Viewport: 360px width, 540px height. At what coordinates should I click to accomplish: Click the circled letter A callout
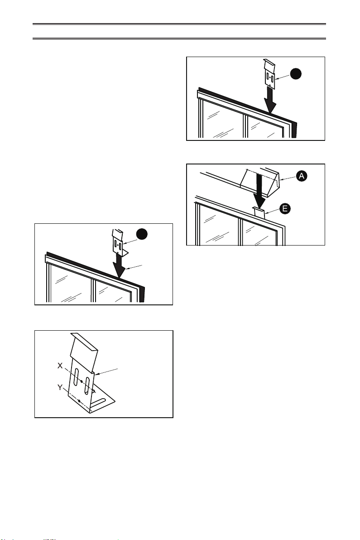click(x=302, y=176)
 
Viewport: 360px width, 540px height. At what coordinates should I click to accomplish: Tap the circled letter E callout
click(x=285, y=209)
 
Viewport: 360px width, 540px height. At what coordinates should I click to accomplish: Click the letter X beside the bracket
click(x=60, y=366)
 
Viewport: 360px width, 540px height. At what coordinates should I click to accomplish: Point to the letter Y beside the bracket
click(x=60, y=387)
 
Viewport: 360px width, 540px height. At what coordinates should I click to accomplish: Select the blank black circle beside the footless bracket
click(x=296, y=74)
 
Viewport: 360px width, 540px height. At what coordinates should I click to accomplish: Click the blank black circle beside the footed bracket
click(x=142, y=234)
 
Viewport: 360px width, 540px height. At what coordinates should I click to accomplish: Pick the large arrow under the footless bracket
click(x=271, y=101)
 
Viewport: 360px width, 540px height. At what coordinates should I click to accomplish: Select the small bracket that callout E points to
click(x=259, y=212)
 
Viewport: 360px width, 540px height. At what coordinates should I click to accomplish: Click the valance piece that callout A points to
click(x=260, y=182)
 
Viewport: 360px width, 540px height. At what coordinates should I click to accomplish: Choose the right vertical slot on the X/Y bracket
click(x=87, y=386)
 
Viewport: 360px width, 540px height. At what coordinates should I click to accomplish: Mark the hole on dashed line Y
click(x=79, y=401)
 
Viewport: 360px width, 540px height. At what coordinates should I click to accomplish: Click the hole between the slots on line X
click(x=82, y=381)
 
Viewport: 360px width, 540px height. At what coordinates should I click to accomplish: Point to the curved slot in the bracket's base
click(x=98, y=403)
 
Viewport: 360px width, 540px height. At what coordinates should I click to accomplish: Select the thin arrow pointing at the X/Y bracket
click(x=106, y=372)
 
